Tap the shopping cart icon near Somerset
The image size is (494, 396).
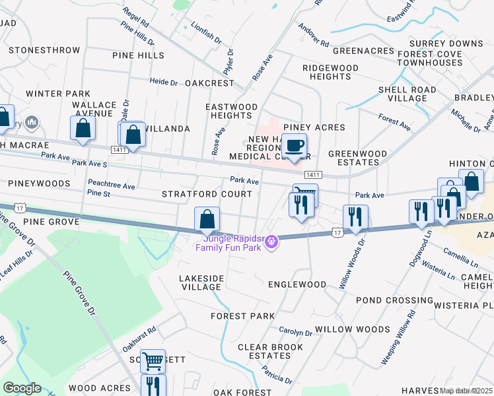(x=153, y=361)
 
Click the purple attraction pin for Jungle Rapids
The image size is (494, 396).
(x=271, y=243)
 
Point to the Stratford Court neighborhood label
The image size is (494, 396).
(x=207, y=194)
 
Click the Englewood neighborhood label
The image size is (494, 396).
(x=297, y=284)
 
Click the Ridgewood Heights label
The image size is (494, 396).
(x=330, y=72)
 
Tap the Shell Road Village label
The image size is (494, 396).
(x=407, y=94)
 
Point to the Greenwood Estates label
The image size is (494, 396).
(x=357, y=158)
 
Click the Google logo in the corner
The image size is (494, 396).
(x=22, y=388)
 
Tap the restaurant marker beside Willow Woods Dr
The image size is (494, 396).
(x=355, y=217)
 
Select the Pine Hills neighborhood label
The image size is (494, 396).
(x=138, y=55)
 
